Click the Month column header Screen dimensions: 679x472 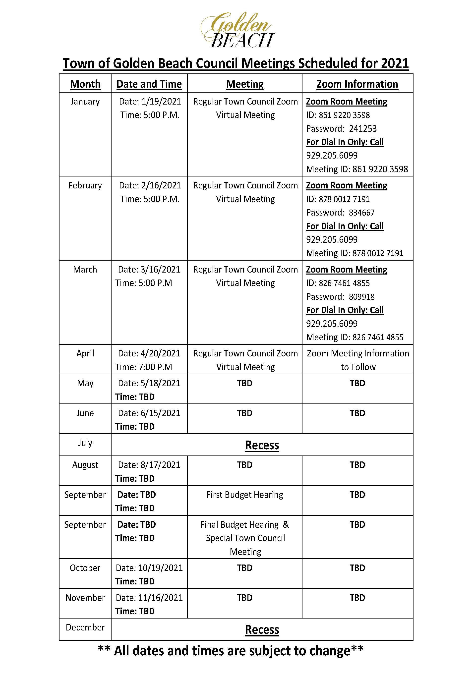pos(85,84)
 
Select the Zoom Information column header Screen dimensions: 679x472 pos(357,84)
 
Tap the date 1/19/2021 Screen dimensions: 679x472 pos(161,101)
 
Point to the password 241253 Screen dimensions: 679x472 pos(363,129)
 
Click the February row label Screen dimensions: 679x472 pos(85,185)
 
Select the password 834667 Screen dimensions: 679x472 pos(362,213)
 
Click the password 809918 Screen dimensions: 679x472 pos(362,296)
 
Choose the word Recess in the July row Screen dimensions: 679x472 pos(262,445)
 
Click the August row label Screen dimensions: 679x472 pos(85,465)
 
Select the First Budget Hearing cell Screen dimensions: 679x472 pos(244,495)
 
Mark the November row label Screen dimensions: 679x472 pos(85,598)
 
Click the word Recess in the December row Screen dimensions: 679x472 pos(262,630)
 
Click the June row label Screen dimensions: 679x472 pos(85,413)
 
